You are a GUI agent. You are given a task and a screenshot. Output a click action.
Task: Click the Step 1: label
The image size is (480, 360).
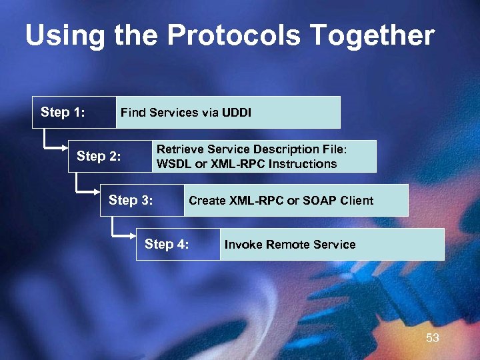pyautogui.click(x=63, y=112)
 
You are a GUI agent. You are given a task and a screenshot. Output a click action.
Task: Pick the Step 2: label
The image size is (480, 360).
pyautogui.click(x=99, y=157)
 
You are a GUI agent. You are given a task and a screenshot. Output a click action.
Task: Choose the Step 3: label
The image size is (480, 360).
pyautogui.click(x=131, y=200)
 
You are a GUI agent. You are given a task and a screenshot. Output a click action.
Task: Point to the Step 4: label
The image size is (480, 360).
pyautogui.click(x=167, y=244)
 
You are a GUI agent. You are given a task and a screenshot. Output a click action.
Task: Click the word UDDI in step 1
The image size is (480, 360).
pyautogui.click(x=236, y=113)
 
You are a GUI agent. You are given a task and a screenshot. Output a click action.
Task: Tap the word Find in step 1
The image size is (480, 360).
pyautogui.click(x=132, y=113)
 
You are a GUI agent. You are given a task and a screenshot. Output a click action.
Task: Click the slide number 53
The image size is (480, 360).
pyautogui.click(x=433, y=338)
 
